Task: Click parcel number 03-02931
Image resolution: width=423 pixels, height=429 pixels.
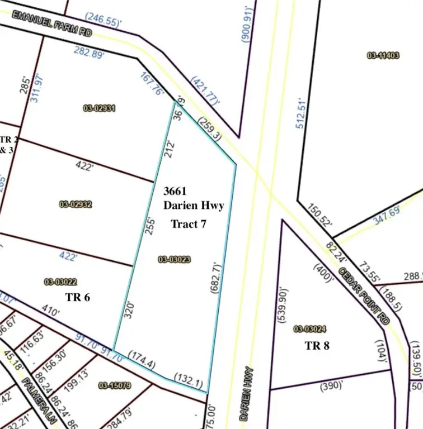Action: tap(99, 108)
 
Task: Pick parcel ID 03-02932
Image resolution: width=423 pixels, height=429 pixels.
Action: tap(76, 204)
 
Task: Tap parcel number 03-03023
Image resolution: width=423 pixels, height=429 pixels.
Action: tap(175, 259)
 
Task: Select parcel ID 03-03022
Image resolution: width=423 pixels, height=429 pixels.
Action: tap(60, 282)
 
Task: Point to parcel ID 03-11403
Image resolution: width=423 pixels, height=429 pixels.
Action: tap(383, 55)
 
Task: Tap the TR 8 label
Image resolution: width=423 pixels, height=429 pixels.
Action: tap(317, 345)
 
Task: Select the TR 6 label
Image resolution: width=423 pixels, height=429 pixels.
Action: tap(78, 297)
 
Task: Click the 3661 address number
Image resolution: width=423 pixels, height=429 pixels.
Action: tap(175, 191)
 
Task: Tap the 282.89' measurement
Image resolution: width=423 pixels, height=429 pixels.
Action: tap(90, 53)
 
